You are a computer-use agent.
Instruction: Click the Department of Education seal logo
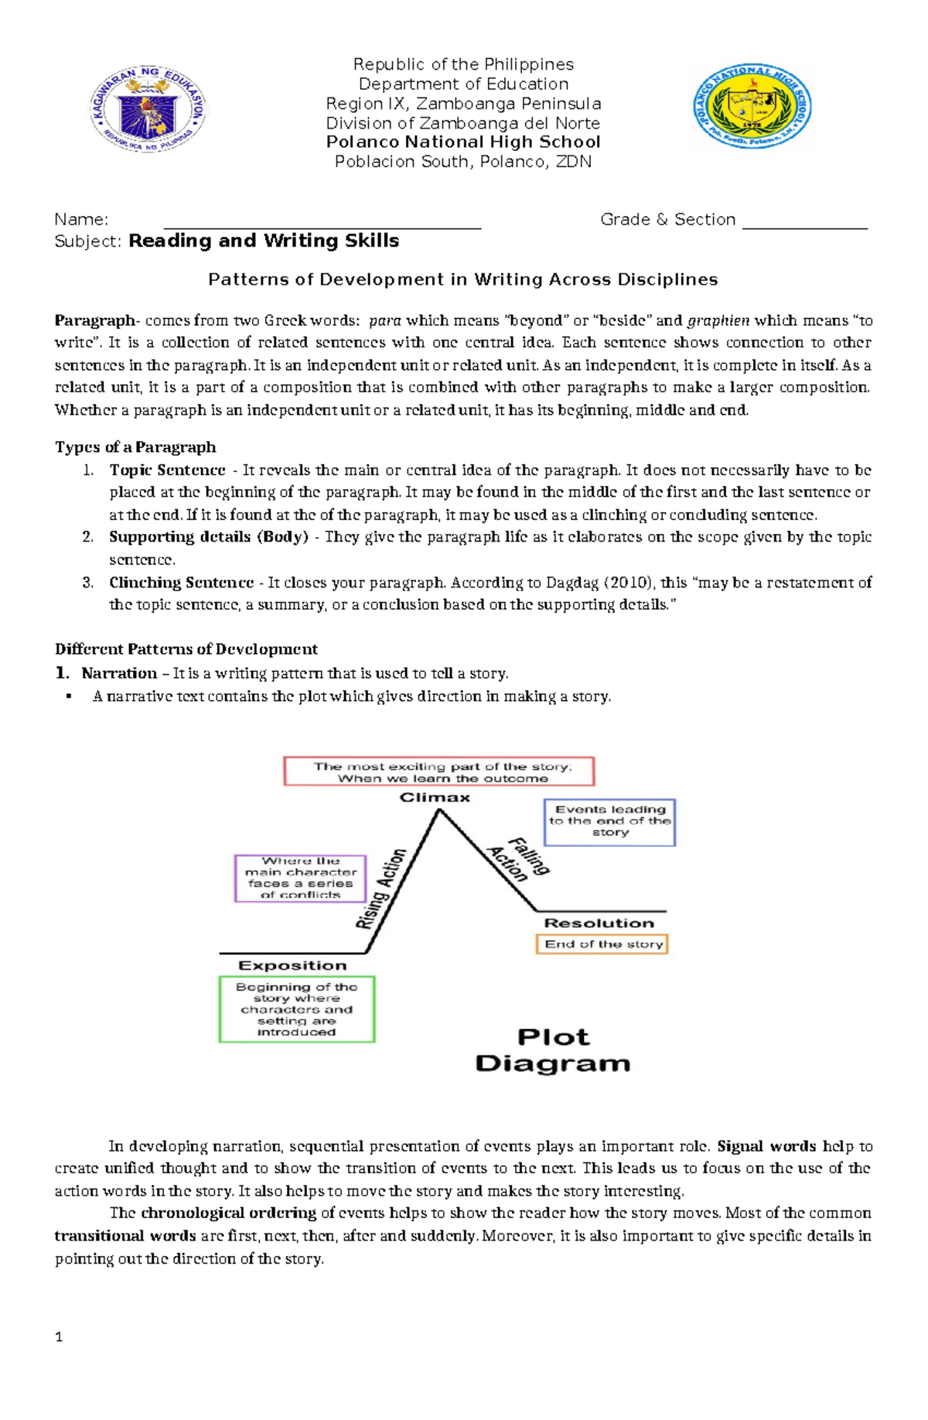(x=148, y=108)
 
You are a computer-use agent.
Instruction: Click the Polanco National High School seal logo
(x=752, y=106)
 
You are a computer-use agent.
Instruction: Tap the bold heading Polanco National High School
(x=462, y=142)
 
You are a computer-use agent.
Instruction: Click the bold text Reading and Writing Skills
(x=264, y=241)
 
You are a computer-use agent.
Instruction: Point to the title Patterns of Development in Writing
(x=462, y=280)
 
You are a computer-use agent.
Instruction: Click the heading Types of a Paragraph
(x=135, y=447)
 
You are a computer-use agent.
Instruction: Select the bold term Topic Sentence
(x=167, y=470)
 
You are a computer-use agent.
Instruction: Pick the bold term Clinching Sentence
(x=181, y=583)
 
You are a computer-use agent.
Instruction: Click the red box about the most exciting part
(x=439, y=772)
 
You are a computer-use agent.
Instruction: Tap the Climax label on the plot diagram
(x=435, y=798)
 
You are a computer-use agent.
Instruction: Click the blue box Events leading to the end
(x=610, y=822)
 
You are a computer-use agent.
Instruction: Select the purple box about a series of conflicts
(x=300, y=878)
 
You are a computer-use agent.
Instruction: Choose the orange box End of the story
(x=602, y=944)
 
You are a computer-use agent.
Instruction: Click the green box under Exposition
(x=296, y=1009)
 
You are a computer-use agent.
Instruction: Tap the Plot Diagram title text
(x=552, y=1050)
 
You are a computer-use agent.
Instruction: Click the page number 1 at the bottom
(x=59, y=1337)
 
